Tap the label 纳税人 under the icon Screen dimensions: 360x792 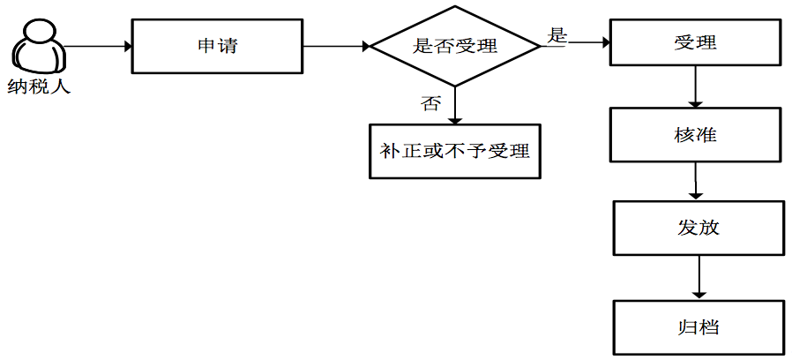(x=40, y=87)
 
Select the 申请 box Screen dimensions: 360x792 (x=217, y=46)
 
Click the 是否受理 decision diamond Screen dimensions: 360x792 (x=455, y=47)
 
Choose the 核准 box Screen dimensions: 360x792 (x=695, y=134)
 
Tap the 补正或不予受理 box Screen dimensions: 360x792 (x=454, y=151)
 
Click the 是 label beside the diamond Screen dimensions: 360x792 (x=557, y=35)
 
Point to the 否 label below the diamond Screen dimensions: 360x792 (x=430, y=103)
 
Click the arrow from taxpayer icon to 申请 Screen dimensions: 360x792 (x=97, y=46)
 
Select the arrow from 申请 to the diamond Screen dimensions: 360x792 (x=335, y=46)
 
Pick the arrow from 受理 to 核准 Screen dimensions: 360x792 (x=697, y=87)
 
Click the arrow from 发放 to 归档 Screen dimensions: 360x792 (x=699, y=278)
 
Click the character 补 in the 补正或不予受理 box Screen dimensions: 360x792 (x=390, y=151)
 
